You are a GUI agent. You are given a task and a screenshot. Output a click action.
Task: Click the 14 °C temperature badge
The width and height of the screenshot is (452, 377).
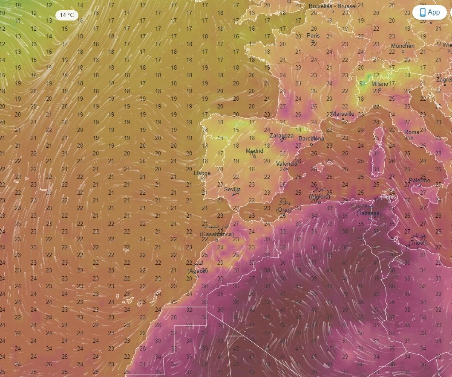(67, 15)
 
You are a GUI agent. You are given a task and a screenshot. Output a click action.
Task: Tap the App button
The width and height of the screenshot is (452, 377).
(429, 12)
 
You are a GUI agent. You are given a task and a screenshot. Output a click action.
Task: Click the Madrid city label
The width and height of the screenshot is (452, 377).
(254, 151)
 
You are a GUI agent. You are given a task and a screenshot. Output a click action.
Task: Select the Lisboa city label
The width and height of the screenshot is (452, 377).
(202, 173)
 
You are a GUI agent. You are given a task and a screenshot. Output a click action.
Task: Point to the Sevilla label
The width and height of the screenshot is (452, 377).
(232, 189)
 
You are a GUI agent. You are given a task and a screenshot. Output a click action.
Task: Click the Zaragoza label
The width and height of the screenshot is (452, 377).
(282, 135)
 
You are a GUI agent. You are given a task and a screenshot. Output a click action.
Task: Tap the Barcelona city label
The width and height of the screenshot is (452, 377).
(311, 138)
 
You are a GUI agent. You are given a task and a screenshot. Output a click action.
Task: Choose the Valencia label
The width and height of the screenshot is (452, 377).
(287, 164)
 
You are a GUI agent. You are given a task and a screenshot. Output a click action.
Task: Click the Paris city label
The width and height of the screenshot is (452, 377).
(313, 35)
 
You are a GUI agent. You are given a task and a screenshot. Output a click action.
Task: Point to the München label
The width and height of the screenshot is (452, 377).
(403, 46)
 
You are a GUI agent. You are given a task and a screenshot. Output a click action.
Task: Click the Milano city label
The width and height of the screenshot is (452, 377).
(380, 84)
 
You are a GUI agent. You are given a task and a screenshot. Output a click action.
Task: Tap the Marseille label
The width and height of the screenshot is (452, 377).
(343, 114)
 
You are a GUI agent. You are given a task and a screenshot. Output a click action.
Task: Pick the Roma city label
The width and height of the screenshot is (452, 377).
(412, 132)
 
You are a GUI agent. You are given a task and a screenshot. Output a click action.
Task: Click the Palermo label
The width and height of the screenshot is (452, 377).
(420, 181)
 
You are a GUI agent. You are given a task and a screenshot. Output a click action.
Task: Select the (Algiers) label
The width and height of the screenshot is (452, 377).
(320, 196)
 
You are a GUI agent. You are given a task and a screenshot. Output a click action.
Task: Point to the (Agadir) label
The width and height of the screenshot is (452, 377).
(197, 271)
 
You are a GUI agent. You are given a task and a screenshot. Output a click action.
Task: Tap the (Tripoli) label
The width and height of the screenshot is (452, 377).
(418, 243)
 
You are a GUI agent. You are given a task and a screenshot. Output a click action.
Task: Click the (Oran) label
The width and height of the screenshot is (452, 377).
(285, 210)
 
